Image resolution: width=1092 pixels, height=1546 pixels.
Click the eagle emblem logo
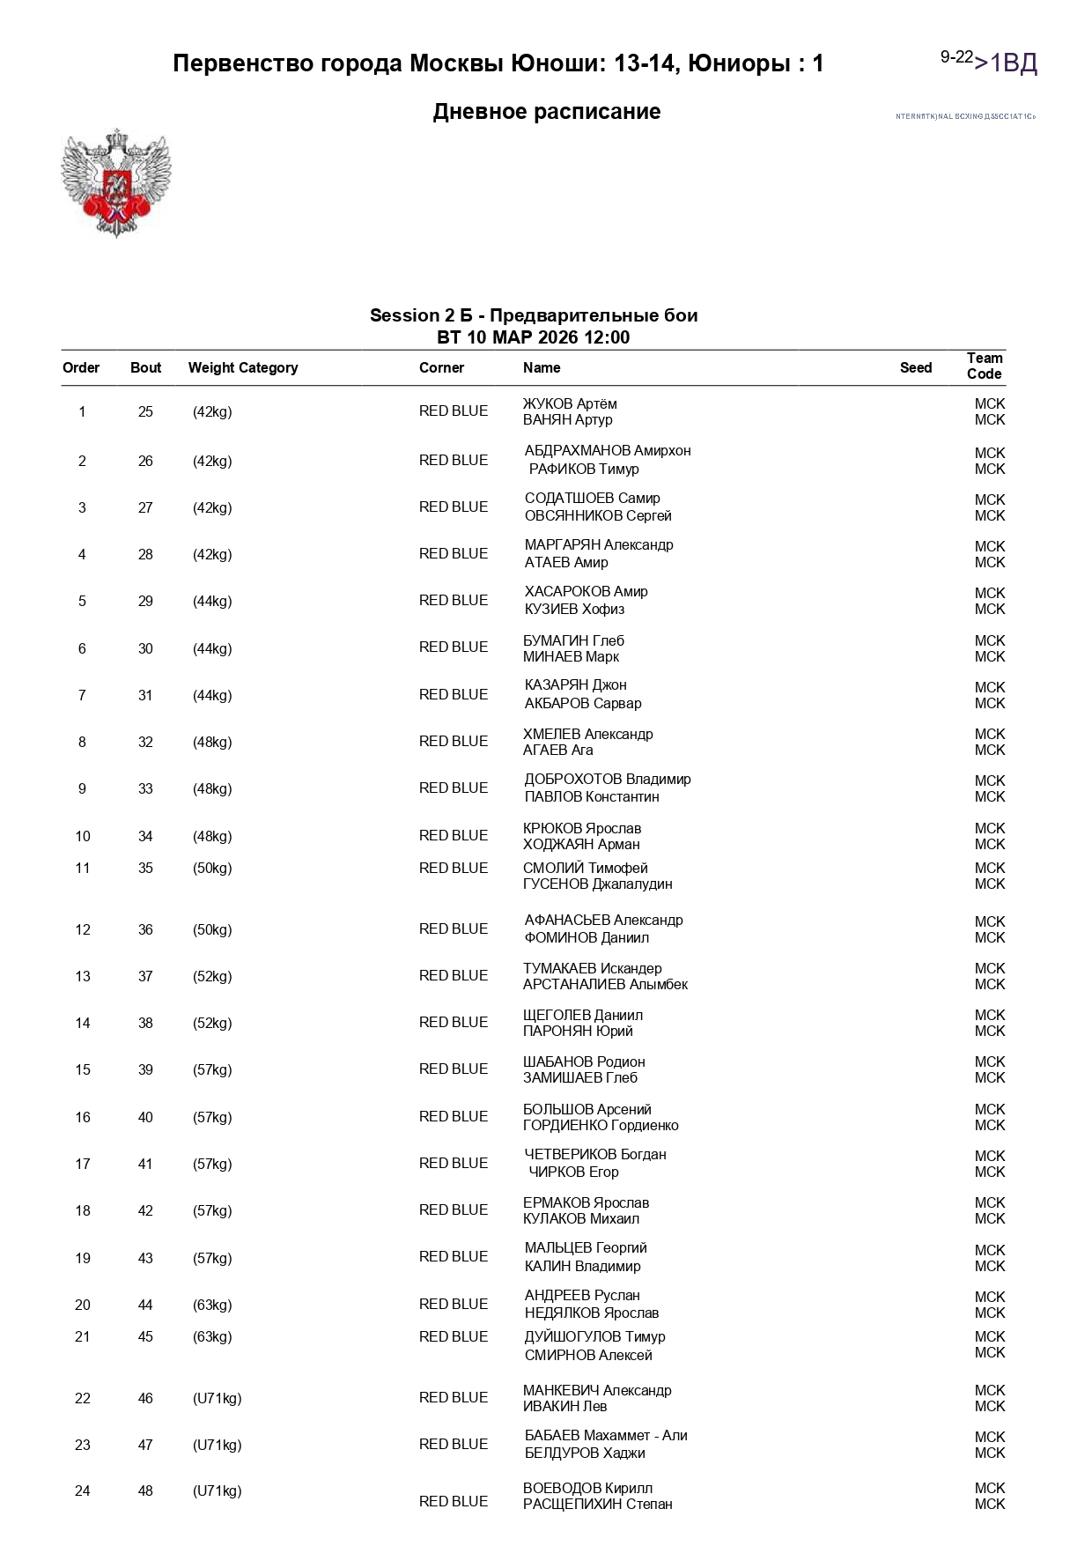point(115,183)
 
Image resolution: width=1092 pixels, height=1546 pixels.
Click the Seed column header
point(915,368)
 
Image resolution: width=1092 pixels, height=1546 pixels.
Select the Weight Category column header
point(243,368)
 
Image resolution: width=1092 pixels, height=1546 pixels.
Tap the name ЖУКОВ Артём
point(570,403)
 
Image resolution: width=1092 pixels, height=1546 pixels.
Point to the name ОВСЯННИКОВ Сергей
point(598,516)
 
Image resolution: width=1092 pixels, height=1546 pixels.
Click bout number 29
point(145,602)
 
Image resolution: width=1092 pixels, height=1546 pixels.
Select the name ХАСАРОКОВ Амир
point(586,592)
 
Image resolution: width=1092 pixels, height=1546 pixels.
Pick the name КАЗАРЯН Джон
point(575,685)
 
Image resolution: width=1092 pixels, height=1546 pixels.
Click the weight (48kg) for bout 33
point(212,789)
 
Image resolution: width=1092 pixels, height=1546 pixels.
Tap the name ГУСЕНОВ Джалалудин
point(597,884)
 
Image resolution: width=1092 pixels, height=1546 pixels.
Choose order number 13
point(83,977)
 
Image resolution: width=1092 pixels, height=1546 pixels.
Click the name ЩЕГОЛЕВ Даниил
point(582,1016)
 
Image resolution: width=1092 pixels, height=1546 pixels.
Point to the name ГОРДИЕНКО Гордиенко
point(601,1126)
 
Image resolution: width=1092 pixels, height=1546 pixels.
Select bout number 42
point(145,1211)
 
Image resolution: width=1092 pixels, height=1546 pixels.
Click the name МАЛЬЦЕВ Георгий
point(586,1248)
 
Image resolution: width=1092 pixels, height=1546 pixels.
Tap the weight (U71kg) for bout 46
point(217,1399)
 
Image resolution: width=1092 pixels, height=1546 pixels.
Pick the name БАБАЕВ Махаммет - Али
point(606,1436)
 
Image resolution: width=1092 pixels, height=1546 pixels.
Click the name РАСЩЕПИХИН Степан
point(597,1505)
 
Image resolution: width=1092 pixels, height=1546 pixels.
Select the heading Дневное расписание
point(546,112)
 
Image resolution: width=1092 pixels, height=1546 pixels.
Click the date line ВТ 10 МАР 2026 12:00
point(533,338)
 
